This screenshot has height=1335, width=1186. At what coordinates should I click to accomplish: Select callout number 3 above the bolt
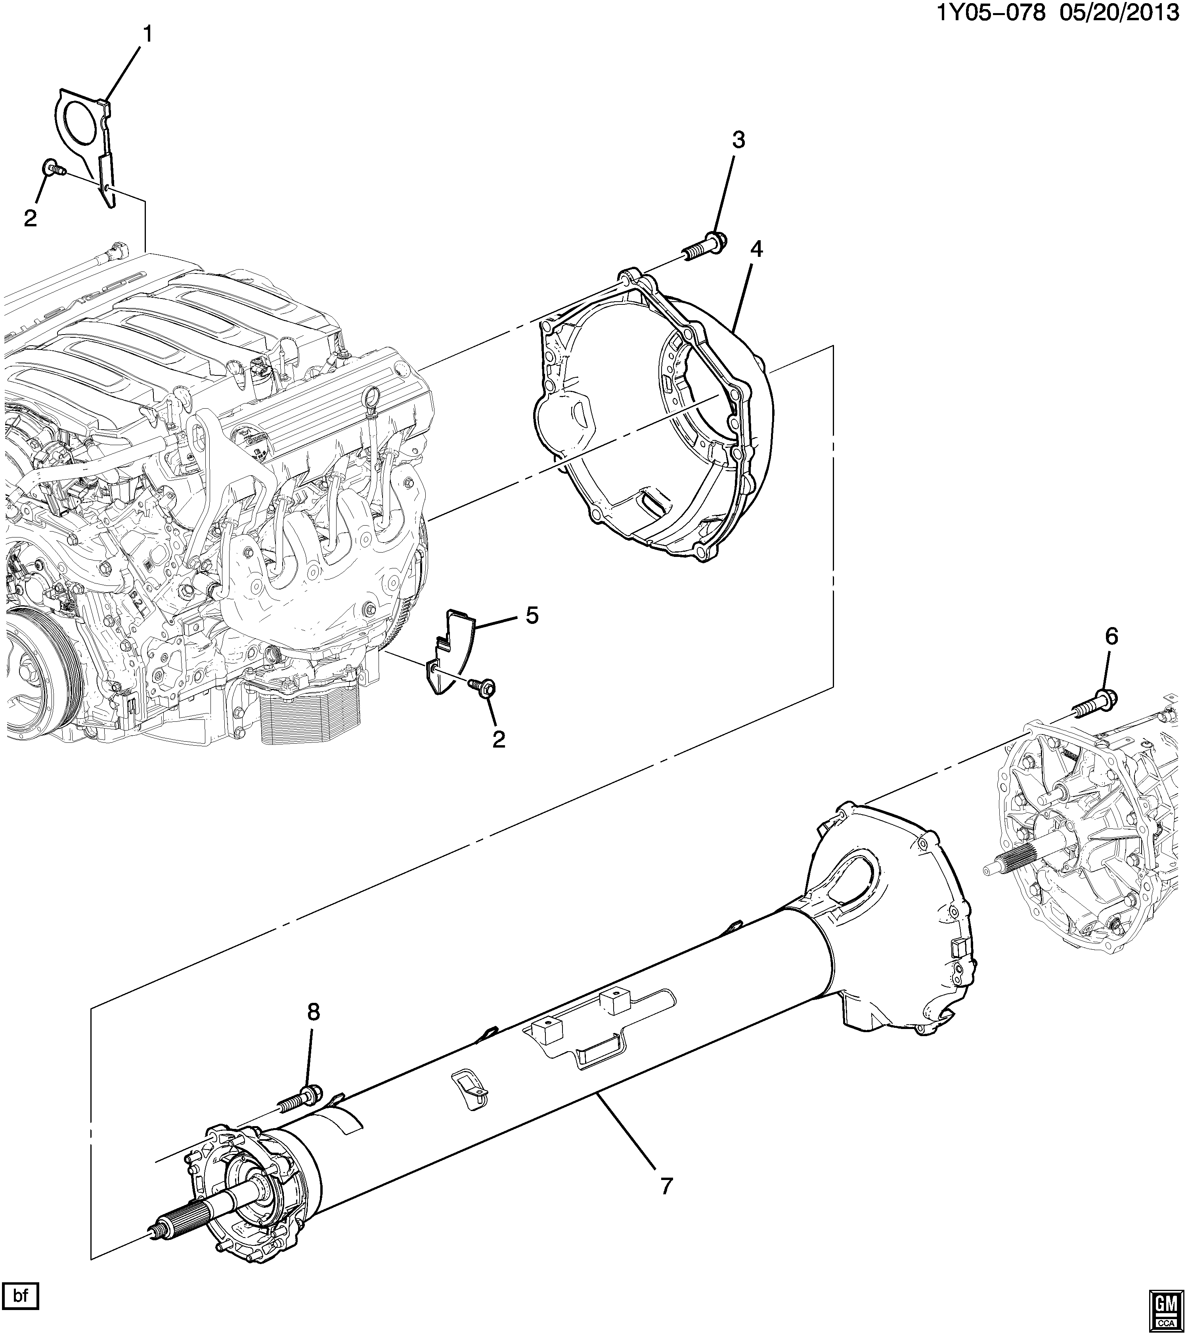click(x=738, y=140)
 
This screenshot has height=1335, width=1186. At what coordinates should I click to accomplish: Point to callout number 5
click(x=532, y=615)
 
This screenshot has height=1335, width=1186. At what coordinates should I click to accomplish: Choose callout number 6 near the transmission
click(x=1111, y=635)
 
